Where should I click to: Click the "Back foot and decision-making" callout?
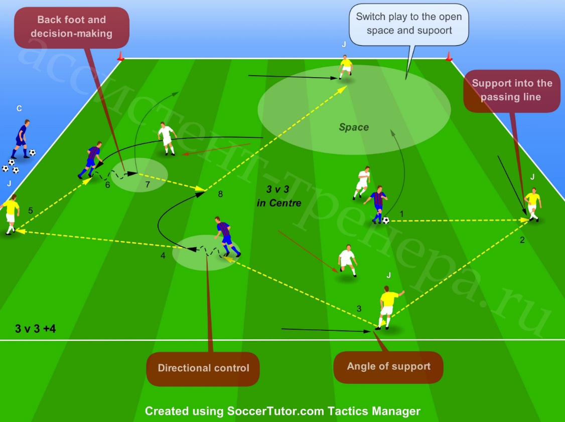click(71, 28)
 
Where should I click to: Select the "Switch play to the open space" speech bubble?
click(408, 24)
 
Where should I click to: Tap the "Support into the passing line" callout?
click(512, 90)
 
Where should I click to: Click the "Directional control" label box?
click(203, 368)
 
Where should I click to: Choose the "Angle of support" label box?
click(388, 366)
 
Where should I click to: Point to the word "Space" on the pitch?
click(353, 127)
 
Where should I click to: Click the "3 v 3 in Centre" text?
click(279, 196)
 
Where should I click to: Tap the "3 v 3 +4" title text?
click(35, 329)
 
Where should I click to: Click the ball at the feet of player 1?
click(386, 220)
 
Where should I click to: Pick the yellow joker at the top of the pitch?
click(346, 67)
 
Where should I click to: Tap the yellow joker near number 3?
click(388, 308)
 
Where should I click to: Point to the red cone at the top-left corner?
click(121, 56)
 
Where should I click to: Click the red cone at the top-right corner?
click(449, 57)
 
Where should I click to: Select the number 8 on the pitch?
click(220, 194)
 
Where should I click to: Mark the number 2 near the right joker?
click(522, 240)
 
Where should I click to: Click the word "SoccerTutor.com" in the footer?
click(275, 411)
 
